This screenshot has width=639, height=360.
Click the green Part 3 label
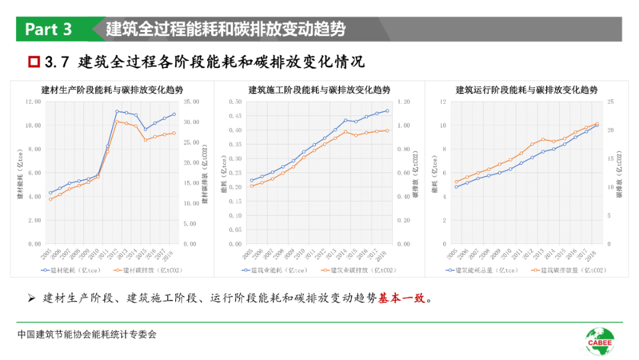(49, 29)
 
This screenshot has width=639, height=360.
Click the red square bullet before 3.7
(34, 61)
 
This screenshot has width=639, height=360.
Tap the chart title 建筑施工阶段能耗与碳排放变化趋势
(319, 90)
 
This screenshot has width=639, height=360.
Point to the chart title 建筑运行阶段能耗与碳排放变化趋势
(526, 90)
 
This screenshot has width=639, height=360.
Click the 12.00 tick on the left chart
(32, 102)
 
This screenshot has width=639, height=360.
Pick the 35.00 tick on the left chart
(192, 102)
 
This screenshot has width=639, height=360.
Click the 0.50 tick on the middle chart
(235, 102)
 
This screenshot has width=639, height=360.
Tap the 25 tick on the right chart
(609, 102)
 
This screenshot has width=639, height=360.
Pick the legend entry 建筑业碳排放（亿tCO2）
(359, 270)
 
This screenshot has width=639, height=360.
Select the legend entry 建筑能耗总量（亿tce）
(480, 270)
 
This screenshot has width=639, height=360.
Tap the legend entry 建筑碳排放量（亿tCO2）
(568, 270)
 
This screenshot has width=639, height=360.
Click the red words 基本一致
(402, 298)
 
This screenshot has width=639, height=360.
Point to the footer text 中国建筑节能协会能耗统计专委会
(87, 335)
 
